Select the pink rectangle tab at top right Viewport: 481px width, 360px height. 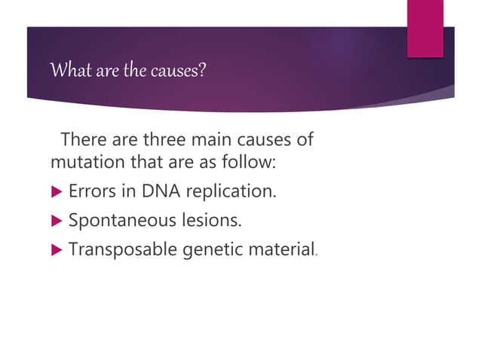pyautogui.click(x=425, y=27)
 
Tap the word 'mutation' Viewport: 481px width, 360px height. pyautogui.click(x=83, y=163)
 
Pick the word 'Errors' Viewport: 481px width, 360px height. pyautogui.click(x=89, y=192)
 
